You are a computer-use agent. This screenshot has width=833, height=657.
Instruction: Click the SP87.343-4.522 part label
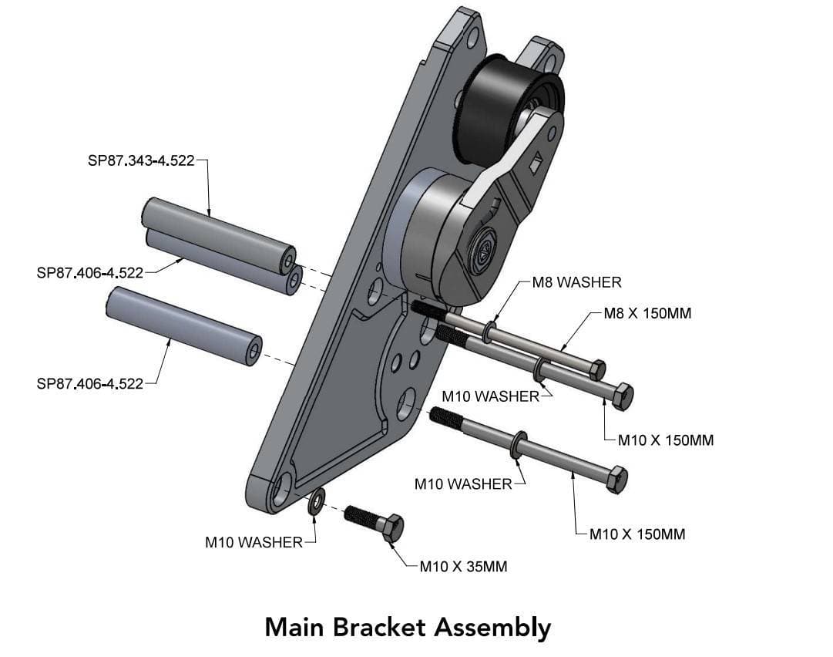[142, 162]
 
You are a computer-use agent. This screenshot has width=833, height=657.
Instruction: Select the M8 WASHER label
[576, 282]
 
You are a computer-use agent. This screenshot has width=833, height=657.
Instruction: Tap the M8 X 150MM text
[648, 314]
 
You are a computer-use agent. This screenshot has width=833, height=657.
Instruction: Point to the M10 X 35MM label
[463, 567]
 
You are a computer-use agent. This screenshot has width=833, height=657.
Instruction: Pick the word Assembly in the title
[492, 626]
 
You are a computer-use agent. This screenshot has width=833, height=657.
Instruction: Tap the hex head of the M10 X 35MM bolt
[392, 527]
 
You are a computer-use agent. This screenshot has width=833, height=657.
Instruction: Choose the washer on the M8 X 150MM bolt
[489, 333]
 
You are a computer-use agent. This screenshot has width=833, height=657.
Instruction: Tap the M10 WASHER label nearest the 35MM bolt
[254, 542]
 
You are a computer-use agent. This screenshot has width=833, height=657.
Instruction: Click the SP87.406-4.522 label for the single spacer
[90, 384]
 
